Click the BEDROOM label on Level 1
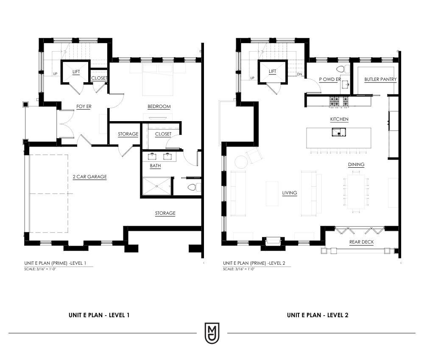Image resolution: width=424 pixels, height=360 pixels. [x=159, y=106]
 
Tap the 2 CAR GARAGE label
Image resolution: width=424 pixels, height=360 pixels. [x=90, y=177]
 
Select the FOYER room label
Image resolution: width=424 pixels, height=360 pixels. [x=84, y=106]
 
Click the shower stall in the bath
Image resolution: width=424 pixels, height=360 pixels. [x=157, y=186]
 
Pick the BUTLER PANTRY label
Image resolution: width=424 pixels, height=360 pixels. [x=380, y=79]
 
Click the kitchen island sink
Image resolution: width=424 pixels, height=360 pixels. [x=339, y=132]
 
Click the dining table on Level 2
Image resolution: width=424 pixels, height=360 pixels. [x=356, y=191]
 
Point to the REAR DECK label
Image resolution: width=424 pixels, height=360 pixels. [x=362, y=242]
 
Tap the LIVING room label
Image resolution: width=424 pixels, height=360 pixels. [x=290, y=193]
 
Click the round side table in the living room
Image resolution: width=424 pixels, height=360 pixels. [x=240, y=162]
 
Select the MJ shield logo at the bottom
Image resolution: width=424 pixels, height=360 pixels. [x=212, y=333]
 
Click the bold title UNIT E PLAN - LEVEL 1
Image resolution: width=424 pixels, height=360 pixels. [x=99, y=315]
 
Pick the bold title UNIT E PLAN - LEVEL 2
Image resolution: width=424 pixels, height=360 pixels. [x=318, y=315]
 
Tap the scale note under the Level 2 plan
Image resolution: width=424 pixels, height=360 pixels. [x=238, y=269]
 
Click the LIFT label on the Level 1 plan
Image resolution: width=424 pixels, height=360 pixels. [x=76, y=72]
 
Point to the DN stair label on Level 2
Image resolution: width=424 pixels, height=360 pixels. [x=299, y=74]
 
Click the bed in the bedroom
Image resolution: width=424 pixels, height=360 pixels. [x=158, y=80]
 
